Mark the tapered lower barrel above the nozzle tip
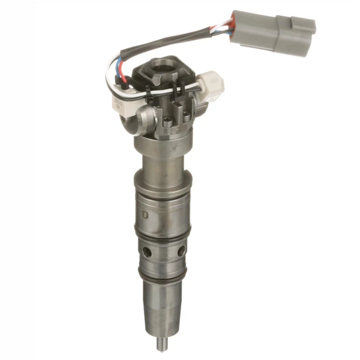tap(160, 306)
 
